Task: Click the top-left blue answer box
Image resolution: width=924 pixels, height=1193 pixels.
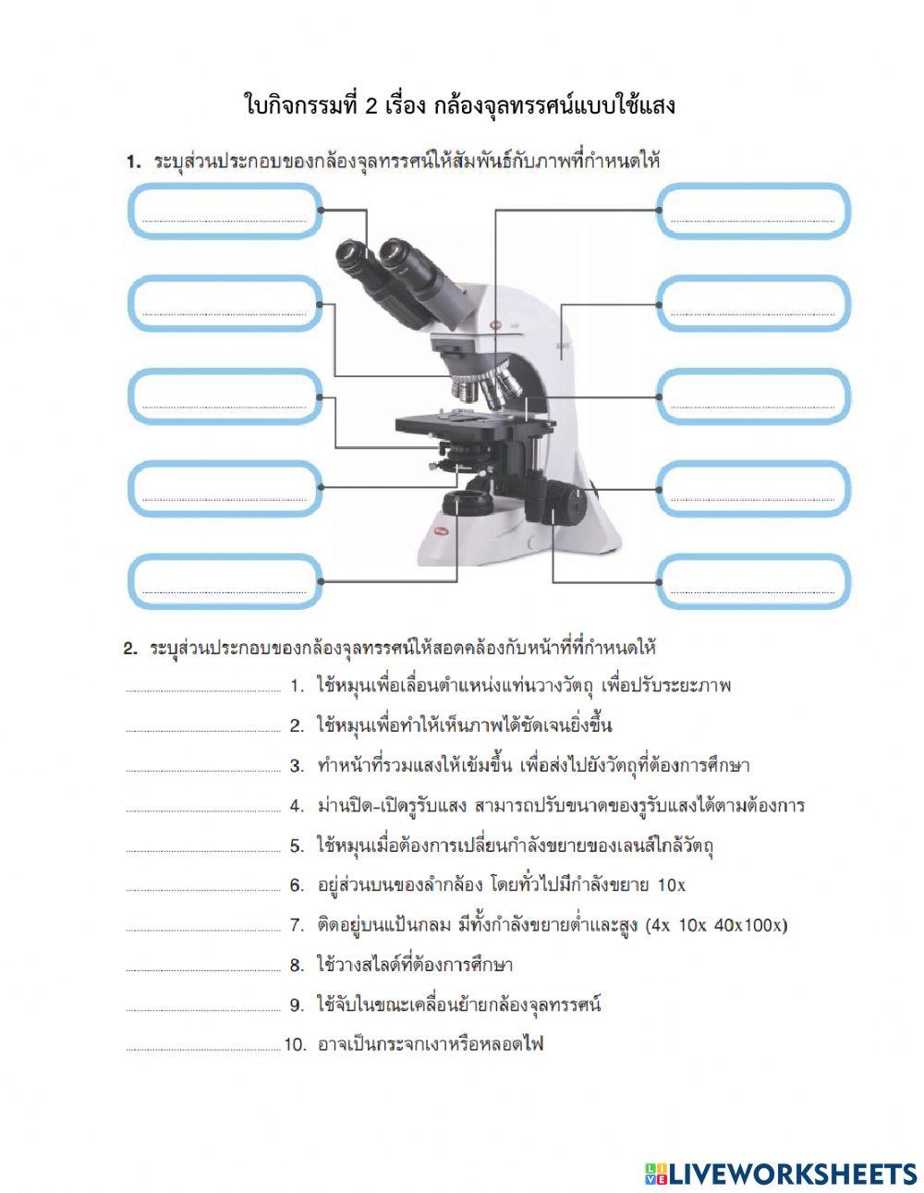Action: tap(225, 211)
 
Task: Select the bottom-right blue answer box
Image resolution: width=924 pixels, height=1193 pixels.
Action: tap(753, 581)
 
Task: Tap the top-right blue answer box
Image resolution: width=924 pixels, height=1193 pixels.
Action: tap(753, 211)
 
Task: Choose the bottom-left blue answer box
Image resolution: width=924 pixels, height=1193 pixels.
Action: tap(225, 581)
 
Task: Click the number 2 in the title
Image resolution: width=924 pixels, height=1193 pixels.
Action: tap(371, 105)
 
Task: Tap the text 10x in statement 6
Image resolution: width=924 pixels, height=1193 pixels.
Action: tap(671, 885)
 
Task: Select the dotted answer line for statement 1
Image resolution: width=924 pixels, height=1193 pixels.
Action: tap(202, 689)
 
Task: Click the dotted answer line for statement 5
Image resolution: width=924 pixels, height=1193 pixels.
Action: tap(202, 849)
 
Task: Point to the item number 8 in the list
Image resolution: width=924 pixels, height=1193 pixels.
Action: tap(297, 966)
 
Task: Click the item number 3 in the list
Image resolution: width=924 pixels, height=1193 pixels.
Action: tap(297, 766)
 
